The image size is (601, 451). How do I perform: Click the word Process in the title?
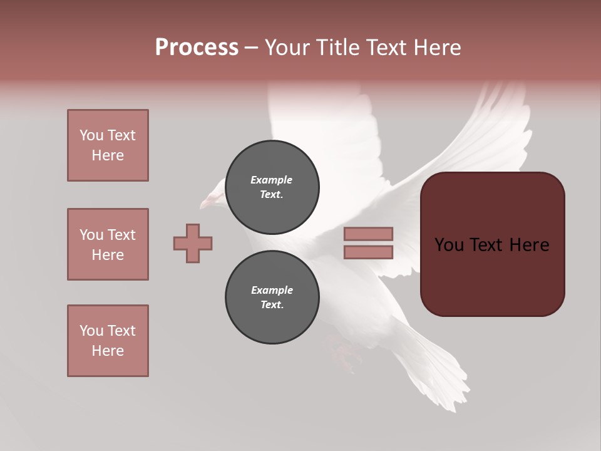point(197,48)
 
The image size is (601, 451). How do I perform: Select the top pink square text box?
point(108,145)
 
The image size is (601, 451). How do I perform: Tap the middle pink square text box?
point(108,244)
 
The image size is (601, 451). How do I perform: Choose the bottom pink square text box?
point(108,341)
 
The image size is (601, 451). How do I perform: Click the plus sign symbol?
point(193,243)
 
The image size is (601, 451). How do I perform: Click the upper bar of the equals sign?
point(368,234)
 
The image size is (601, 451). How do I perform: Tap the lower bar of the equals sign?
point(368,252)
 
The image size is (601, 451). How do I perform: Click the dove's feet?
point(344,354)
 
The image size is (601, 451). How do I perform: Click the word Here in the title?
point(436,48)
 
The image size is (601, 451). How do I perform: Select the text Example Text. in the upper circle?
point(272,187)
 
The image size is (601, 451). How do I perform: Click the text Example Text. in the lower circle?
point(272,298)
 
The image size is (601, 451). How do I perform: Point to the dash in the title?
point(251,48)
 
